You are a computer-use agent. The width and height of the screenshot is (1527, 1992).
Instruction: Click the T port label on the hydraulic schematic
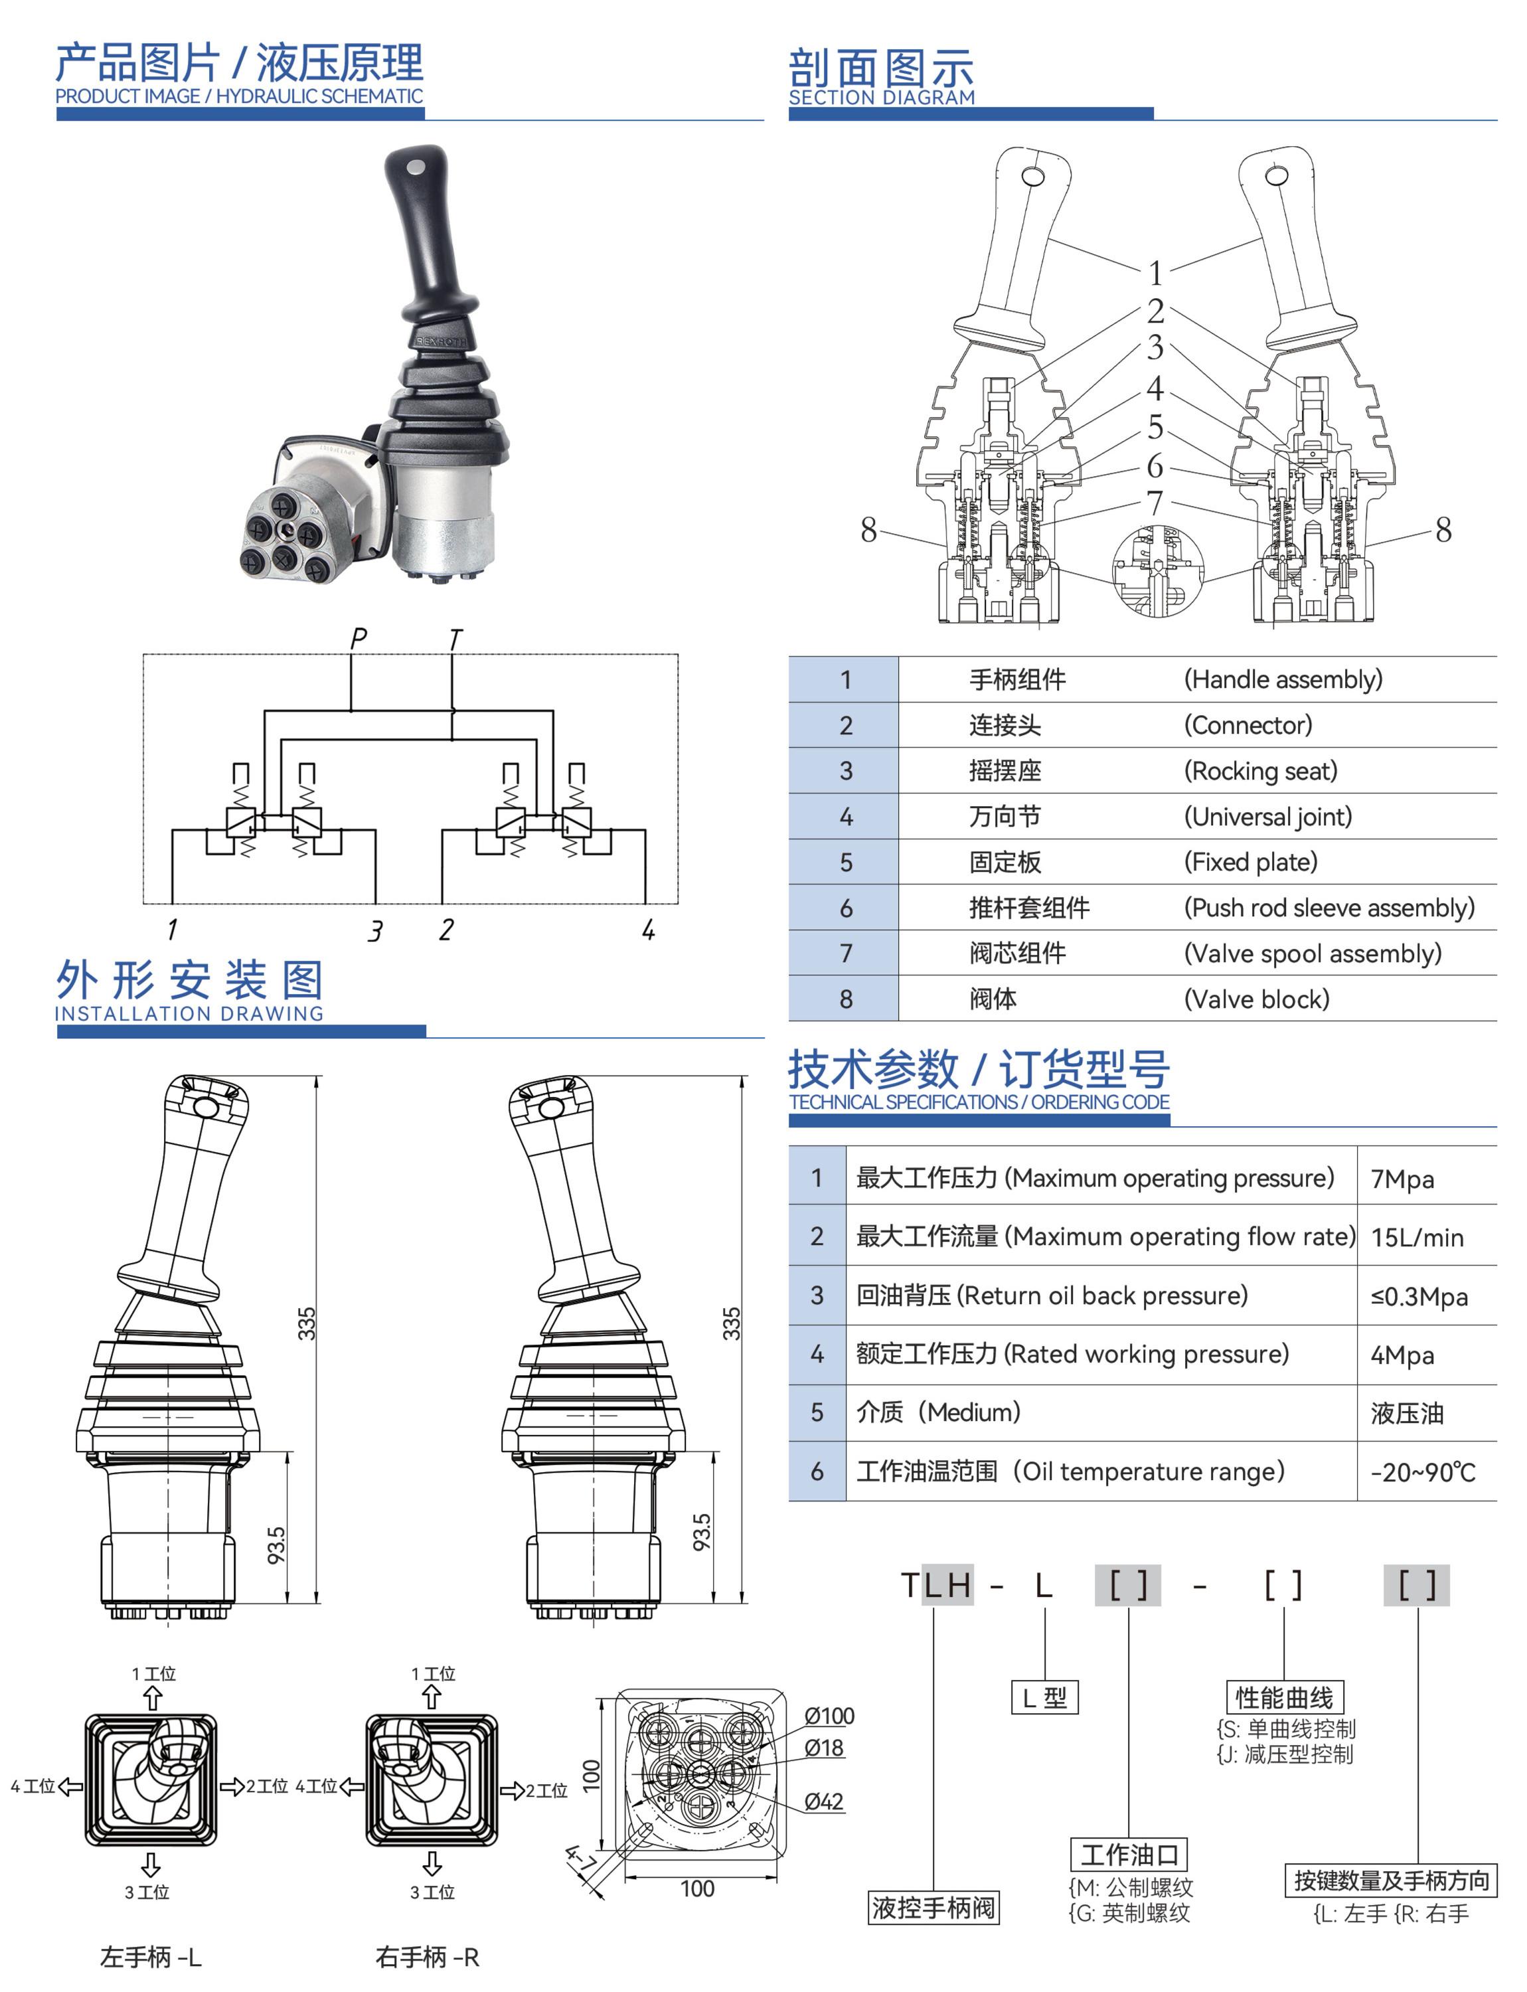[x=455, y=639]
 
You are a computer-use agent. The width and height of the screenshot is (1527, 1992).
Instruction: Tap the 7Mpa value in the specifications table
[x=1402, y=1179]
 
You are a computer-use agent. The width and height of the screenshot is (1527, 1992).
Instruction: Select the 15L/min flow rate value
[x=1416, y=1238]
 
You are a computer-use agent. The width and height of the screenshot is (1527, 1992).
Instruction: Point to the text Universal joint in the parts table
[x=1267, y=817]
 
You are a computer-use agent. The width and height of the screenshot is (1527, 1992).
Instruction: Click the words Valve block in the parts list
[x=1256, y=999]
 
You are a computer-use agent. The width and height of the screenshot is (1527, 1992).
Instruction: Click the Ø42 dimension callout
[x=823, y=1801]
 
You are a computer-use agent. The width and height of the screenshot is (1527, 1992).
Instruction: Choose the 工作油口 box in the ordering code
[x=1129, y=1854]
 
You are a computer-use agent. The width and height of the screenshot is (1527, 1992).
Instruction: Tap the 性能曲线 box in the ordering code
[x=1283, y=1697]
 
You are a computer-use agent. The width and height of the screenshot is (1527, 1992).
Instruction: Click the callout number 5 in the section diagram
[x=1155, y=426]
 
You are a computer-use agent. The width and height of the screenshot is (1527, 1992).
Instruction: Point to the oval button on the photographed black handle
[x=416, y=168]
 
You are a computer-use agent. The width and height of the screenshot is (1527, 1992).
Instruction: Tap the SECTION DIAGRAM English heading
[x=881, y=98]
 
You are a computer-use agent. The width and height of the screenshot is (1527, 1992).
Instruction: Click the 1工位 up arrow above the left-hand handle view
[x=153, y=1697]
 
